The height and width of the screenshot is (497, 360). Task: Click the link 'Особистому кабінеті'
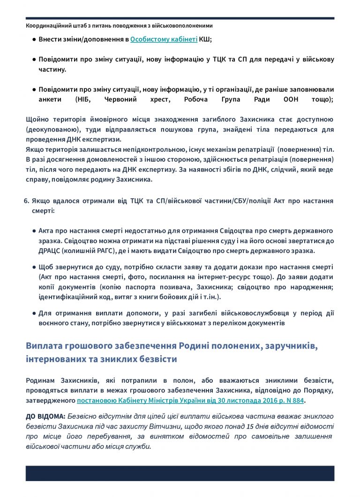pos(164,40)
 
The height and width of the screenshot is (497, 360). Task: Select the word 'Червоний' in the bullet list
pos(135,99)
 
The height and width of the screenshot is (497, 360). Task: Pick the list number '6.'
pos(26,201)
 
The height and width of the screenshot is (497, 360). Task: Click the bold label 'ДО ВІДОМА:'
pos(46,416)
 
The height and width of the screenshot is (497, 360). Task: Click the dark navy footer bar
pos(180,473)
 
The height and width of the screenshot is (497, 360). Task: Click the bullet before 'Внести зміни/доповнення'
pos(34,40)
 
